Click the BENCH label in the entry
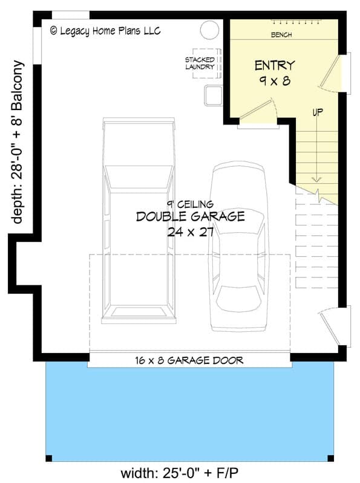point(282,35)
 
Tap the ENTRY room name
point(274,65)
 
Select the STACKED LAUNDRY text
point(200,63)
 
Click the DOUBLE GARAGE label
point(191,216)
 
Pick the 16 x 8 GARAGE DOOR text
point(189,361)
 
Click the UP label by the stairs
point(316,112)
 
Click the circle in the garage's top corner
point(209,30)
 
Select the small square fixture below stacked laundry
point(213,95)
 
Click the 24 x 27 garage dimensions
point(191,231)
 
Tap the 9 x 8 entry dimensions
point(273,81)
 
